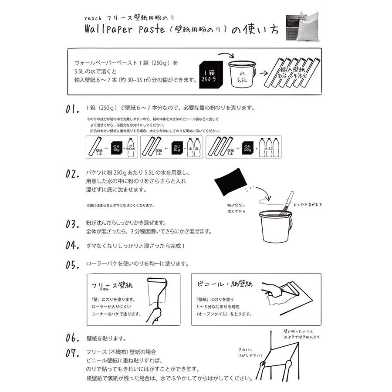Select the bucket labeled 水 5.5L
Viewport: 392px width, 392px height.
pos(242,74)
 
